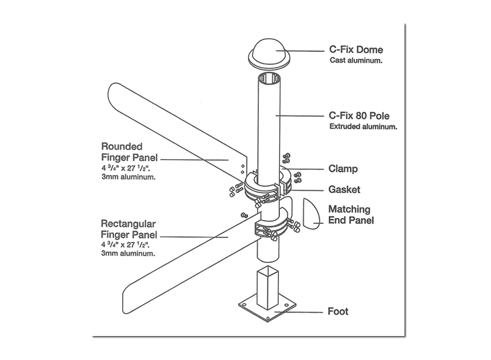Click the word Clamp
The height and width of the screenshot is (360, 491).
(343, 169)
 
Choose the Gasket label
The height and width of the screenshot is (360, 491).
(344, 189)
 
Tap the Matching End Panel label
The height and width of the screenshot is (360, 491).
(351, 214)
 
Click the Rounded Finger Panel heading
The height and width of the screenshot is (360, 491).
(122, 152)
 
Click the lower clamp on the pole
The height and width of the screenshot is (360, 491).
(269, 229)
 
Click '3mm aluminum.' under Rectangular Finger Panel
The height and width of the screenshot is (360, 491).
(128, 252)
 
